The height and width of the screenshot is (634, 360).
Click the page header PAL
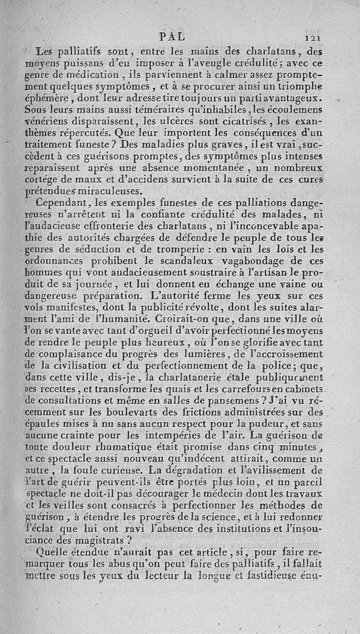172,36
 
